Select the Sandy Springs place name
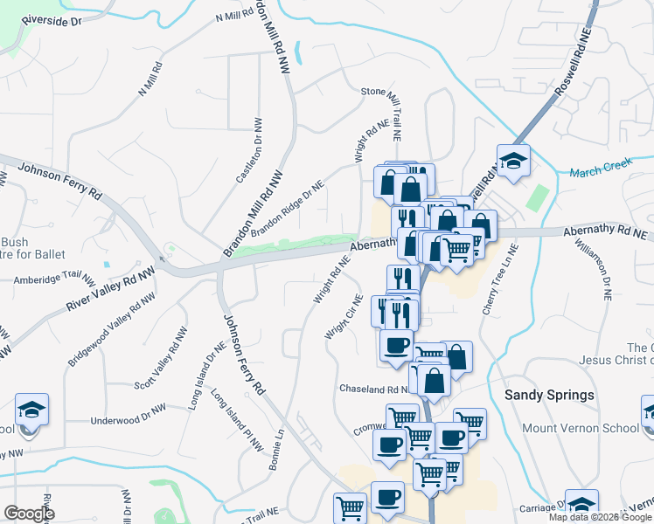(550, 395)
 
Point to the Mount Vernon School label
(580, 428)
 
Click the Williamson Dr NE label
(604, 267)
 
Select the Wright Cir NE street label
(344, 315)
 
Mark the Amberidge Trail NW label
(54, 280)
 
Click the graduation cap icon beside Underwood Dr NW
(32, 409)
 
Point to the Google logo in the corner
(29, 514)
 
